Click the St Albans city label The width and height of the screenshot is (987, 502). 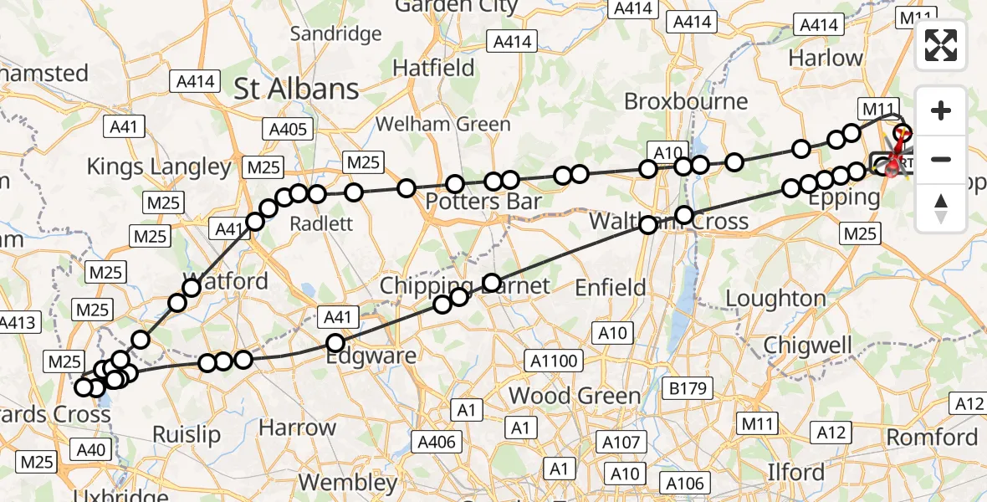(296, 89)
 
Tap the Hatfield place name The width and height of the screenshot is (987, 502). (434, 67)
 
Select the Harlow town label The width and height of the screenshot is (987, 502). (825, 59)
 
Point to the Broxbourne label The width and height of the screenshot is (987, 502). (686, 101)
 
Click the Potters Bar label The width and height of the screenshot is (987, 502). (483, 202)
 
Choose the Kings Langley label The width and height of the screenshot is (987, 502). (159, 166)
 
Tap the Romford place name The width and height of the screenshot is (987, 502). (932, 437)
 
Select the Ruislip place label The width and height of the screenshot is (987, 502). (187, 433)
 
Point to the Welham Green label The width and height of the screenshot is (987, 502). (442, 125)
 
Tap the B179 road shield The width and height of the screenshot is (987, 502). (688, 387)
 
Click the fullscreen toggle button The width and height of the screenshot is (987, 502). (941, 46)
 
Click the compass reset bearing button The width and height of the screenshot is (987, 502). (941, 207)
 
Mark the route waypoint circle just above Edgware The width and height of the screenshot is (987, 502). (335, 342)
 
